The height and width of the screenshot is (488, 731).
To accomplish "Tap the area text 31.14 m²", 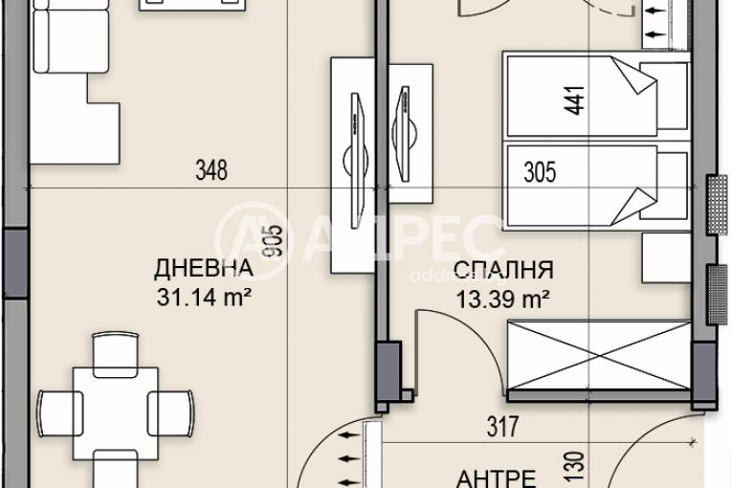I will pos(204,298).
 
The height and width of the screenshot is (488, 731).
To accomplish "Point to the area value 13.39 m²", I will pos(503,299).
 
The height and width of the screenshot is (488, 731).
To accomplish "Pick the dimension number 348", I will pos(210,171).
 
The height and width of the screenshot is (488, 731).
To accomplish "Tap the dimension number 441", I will pos(574,100).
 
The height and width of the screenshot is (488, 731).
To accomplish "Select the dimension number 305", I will pos(541,173).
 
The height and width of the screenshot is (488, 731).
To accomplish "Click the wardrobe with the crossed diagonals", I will pos(597,356).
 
